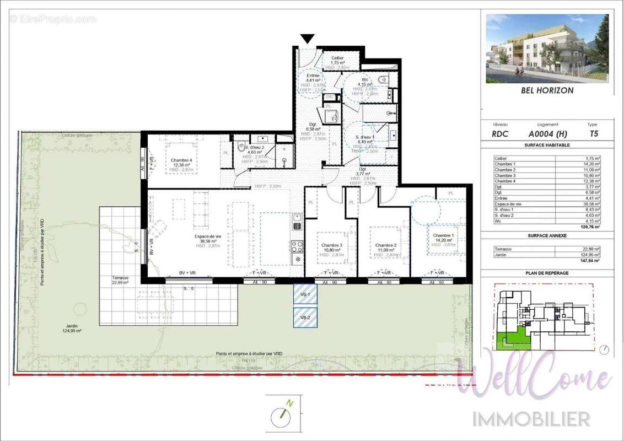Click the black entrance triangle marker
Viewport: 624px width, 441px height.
[308, 39]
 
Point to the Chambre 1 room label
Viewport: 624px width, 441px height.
[444, 235]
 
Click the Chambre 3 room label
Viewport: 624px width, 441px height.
[332, 245]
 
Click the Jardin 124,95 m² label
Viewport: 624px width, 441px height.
[72, 329]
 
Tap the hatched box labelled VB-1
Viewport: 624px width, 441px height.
[305, 295]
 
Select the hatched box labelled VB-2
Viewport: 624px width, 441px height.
[305, 318]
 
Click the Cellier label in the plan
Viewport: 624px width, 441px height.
[337, 58]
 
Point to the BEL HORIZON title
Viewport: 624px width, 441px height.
[547, 90]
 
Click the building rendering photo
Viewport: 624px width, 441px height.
[547, 49]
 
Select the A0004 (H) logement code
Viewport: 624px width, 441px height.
[547, 133]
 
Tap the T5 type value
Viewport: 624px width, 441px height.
[593, 133]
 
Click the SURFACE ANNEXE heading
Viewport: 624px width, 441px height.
[547, 235]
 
